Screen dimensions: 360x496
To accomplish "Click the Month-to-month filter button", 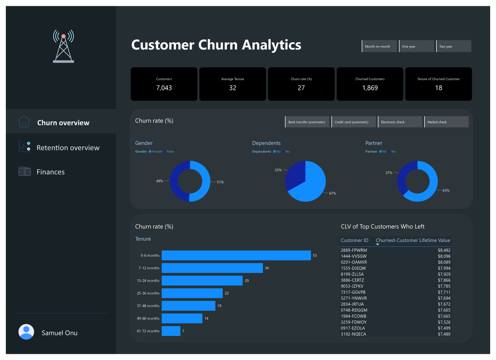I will tap(380, 46).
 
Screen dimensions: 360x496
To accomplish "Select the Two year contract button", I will tap(454, 46).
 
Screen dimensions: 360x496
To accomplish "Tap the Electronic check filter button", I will tap(401, 122).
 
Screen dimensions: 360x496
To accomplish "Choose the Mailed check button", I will tap(447, 122).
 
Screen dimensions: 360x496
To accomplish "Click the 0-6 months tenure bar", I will tap(236, 256).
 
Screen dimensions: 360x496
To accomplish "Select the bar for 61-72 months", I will tap(171, 331).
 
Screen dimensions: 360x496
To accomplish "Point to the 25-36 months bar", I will tap(192, 293).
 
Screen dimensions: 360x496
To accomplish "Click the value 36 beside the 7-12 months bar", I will tap(267, 268).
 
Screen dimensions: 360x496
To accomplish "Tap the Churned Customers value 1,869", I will tap(370, 88).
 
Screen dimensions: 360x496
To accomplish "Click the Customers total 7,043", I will tap(164, 88).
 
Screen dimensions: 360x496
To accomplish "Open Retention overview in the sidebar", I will tap(68, 148).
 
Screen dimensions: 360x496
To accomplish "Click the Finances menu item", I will tap(50, 172).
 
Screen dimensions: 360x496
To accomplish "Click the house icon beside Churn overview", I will tap(24, 122).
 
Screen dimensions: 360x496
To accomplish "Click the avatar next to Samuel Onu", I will tap(26, 332).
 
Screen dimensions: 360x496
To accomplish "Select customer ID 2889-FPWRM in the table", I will tap(353, 250).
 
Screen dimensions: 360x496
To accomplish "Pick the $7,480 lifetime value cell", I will tap(444, 334).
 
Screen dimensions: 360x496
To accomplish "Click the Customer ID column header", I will tap(354, 240).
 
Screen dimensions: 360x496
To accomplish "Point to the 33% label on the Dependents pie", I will tap(278, 170).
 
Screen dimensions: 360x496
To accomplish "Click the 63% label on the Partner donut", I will tap(446, 191).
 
